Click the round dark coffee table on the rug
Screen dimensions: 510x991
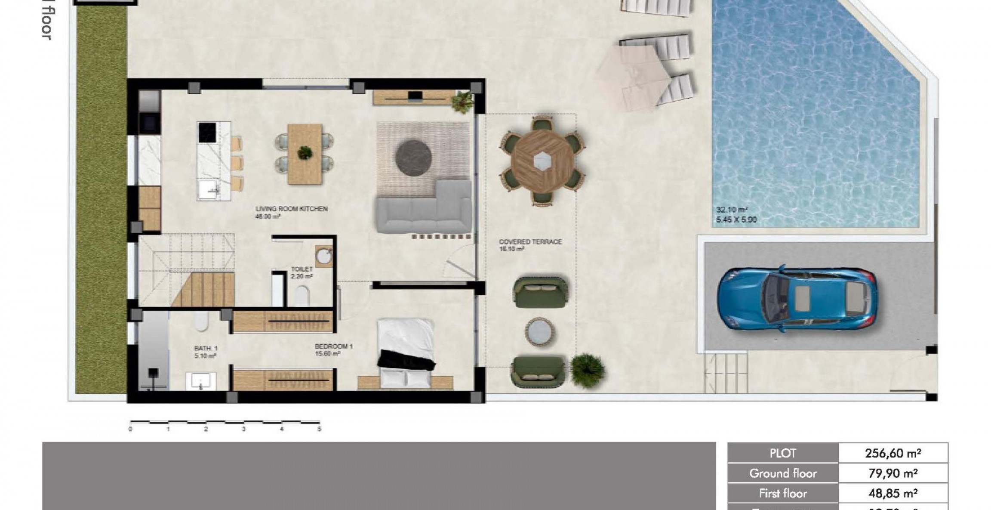[413, 158]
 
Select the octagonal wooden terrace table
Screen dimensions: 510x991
[542, 161]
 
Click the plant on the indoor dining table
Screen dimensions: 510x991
[305, 152]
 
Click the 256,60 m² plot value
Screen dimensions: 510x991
[893, 453]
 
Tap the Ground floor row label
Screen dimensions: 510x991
[783, 473]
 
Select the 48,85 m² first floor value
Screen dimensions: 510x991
[893, 493]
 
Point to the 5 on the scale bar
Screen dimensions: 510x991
[319, 429]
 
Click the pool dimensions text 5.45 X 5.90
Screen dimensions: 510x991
[736, 219]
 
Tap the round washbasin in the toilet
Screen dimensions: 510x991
[323, 256]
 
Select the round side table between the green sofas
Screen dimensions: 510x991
[539, 331]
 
